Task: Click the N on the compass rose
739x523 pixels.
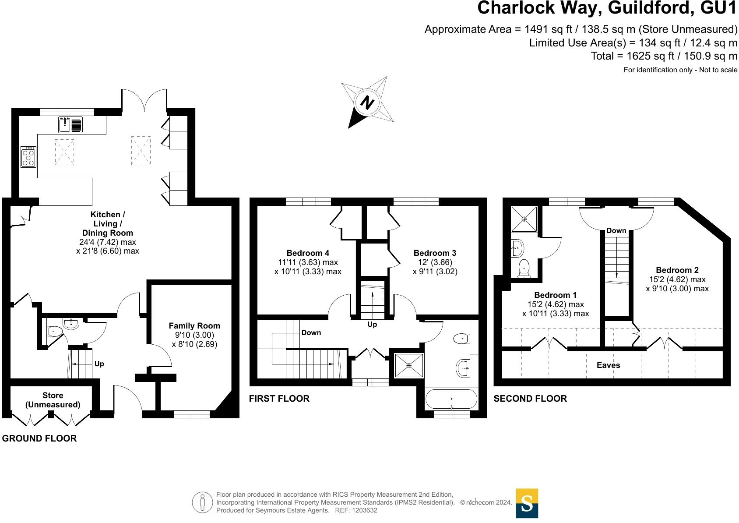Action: (367, 102)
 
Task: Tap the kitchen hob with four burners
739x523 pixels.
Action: (28, 157)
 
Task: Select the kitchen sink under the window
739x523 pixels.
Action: (70, 125)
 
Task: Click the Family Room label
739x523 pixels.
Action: (194, 326)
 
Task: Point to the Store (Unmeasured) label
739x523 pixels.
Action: (53, 400)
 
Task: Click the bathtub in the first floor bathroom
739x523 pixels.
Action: (451, 399)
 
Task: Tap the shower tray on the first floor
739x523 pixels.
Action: (409, 365)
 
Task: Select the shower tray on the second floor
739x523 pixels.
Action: (524, 219)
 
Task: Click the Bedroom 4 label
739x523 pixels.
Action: (308, 253)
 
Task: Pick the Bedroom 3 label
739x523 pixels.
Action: (435, 253)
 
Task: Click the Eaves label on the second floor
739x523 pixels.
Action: (609, 365)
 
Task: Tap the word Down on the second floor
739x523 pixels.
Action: (616, 230)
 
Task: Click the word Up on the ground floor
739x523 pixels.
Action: (99, 364)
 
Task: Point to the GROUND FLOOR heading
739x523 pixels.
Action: (39, 438)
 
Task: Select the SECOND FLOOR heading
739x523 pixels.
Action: (530, 399)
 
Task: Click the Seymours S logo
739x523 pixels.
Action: (527, 504)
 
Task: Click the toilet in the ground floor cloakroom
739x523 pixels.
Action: (55, 331)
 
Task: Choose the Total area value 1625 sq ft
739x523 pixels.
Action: (649, 56)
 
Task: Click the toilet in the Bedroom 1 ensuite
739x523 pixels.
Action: (524, 269)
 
